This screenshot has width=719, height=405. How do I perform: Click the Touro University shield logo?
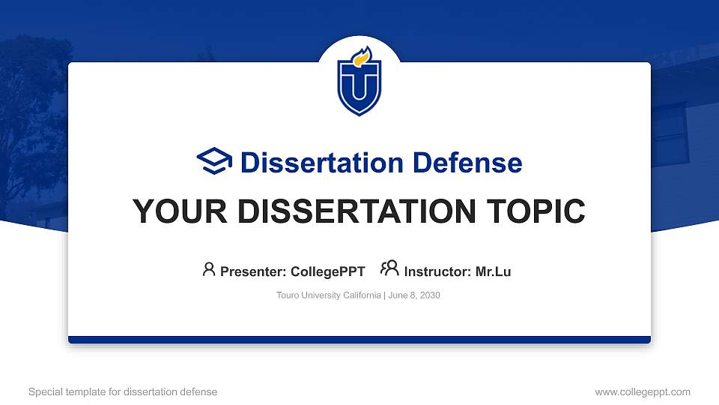point(359,82)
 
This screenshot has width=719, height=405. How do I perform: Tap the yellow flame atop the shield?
point(362,56)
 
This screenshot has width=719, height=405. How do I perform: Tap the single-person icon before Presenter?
point(209,269)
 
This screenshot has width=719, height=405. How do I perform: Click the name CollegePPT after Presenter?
point(328,271)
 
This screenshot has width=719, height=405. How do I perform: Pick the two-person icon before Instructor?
point(389,269)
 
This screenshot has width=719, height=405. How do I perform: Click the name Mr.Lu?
point(493,271)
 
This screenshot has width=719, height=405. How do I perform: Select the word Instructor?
point(438,271)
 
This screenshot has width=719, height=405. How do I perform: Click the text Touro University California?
point(329,295)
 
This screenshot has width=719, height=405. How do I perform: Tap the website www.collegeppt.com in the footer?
point(643,391)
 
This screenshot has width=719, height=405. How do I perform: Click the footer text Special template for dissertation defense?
point(123,391)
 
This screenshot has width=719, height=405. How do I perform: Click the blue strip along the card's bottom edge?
point(359,340)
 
